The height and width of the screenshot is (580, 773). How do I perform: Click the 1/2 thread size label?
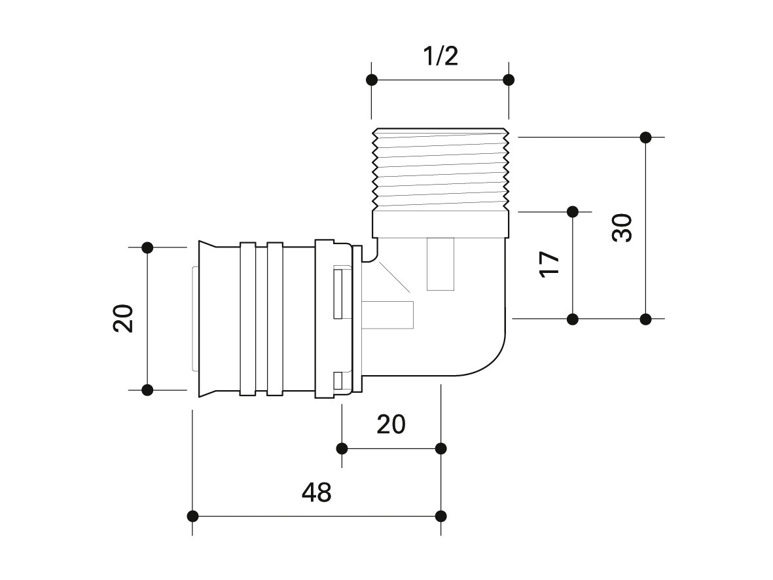pos(440,56)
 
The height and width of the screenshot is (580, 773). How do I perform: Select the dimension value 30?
pos(622,228)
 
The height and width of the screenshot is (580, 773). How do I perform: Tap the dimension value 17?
pos(550,265)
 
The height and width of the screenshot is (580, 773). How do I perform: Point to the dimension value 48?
pos(317,492)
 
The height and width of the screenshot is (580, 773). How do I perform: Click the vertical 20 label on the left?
pos(123,319)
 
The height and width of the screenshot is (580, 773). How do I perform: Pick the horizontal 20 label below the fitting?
pos(391,424)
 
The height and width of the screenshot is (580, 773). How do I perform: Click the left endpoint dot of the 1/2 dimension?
pos(372,80)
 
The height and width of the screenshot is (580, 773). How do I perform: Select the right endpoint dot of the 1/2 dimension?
pos(509,80)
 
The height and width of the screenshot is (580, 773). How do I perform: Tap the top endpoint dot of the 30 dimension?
pos(646,137)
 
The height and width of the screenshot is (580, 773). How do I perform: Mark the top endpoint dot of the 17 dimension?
pos(572,212)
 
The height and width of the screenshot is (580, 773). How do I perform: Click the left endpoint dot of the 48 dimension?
pos(192,517)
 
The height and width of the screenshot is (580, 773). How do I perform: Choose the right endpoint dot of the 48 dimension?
pos(441,517)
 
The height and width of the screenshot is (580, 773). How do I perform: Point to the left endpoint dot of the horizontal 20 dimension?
pos(342,449)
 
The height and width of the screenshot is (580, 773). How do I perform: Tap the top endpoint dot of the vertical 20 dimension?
pos(147,247)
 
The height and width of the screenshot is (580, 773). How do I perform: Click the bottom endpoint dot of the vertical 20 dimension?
pos(147,390)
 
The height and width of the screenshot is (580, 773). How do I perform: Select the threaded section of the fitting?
pos(440,169)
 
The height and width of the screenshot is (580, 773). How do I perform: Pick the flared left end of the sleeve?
pos(207,319)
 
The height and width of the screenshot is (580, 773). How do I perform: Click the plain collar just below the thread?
pos(440,224)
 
